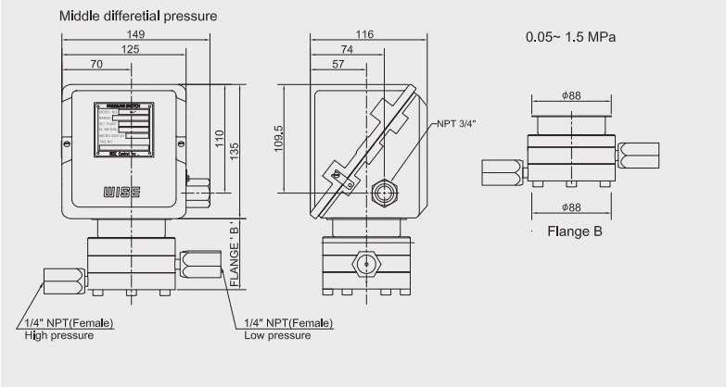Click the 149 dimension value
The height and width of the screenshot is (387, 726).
coord(136,34)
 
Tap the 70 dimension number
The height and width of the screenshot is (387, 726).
coord(97,66)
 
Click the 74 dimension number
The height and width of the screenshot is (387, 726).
coord(346,50)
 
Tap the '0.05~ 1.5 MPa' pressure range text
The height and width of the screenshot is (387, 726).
coord(570,38)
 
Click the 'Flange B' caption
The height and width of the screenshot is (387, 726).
coord(574,231)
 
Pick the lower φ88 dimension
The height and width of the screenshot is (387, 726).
coord(572,208)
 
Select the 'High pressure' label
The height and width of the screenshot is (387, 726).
coord(59,334)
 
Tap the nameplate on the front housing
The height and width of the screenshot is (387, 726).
coord(122,130)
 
